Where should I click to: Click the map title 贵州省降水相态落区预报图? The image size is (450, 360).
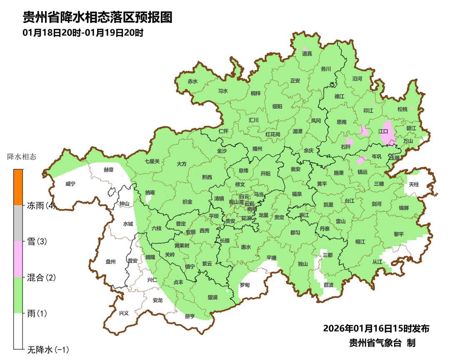[97, 17]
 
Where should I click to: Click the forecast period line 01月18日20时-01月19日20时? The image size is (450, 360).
[83, 32]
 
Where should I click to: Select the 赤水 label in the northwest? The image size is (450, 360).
[192, 81]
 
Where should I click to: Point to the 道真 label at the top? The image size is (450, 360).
[307, 54]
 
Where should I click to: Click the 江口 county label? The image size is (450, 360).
[383, 131]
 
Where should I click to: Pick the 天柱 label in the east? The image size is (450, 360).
[413, 184]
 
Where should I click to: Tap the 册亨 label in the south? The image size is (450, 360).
[190, 316]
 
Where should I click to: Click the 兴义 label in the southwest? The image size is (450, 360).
[124, 313]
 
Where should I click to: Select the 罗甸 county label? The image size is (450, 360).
[245, 285]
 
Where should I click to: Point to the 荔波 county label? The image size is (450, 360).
[328, 285]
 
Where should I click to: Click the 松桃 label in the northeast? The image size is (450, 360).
[402, 109]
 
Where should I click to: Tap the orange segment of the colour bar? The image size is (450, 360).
[18, 187]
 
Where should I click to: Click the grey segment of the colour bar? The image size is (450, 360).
[18, 223]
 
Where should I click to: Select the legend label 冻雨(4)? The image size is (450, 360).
[41, 205]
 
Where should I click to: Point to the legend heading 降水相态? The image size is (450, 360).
[22, 157]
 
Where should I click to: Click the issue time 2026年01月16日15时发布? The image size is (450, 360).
[376, 328]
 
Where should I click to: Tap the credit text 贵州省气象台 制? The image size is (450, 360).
[382, 343]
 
